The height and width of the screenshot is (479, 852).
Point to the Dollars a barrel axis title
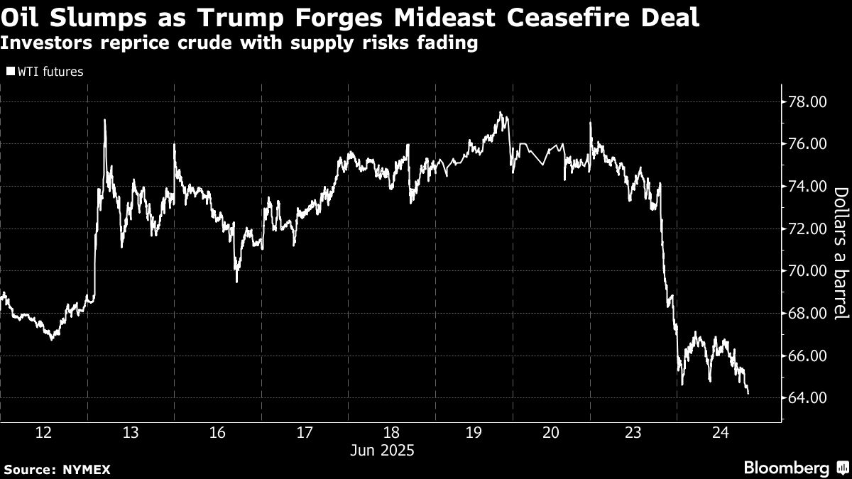[x=840, y=253]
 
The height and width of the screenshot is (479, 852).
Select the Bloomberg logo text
[x=786, y=468]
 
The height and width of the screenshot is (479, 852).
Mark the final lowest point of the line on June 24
[x=748, y=393]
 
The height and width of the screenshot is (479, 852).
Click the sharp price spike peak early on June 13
[x=105, y=120]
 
